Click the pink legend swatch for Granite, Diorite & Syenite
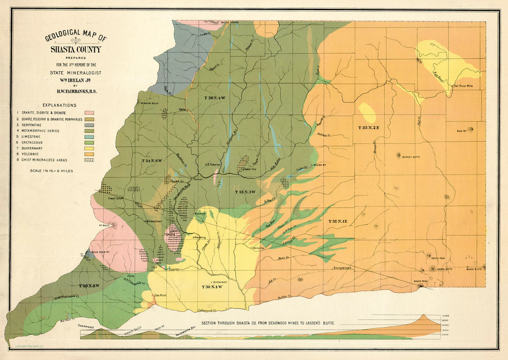click(x=89, y=113)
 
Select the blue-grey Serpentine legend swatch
click(x=89, y=125)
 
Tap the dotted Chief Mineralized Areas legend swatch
click(x=89, y=160)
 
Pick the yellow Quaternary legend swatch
click(x=89, y=148)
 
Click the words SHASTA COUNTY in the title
click(x=76, y=49)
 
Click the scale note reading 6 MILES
click(x=64, y=171)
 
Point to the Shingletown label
click(x=342, y=268)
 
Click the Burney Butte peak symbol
click(x=398, y=155)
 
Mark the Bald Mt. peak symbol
click(x=470, y=129)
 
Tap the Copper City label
click(x=248, y=169)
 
